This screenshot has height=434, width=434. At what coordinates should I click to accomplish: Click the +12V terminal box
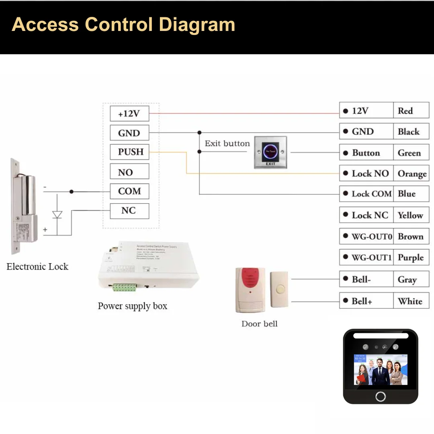(129, 114)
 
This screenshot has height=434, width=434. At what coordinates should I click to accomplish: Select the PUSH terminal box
(129, 152)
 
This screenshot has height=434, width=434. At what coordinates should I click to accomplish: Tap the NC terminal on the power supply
(129, 211)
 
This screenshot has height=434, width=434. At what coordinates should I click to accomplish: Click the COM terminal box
(129, 191)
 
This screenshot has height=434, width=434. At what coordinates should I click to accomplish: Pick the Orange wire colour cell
(411, 174)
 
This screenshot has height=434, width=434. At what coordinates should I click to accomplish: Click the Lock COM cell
(366, 194)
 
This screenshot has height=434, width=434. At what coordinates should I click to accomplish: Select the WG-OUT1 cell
(366, 257)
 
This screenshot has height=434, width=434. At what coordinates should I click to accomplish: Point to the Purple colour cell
(411, 257)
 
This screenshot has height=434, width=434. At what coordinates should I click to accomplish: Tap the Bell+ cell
(366, 301)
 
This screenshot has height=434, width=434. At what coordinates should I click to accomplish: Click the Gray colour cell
(411, 279)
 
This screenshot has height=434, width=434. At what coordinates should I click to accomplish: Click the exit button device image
(270, 152)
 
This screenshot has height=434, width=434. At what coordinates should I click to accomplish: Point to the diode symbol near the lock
(57, 215)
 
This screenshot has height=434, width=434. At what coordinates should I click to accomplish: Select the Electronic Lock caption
(37, 266)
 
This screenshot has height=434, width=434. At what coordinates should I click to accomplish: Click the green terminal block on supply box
(125, 287)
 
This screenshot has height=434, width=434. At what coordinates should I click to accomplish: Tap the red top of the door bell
(250, 276)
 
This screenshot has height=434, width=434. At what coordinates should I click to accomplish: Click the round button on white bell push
(279, 289)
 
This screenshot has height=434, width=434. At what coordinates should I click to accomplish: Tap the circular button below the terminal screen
(381, 396)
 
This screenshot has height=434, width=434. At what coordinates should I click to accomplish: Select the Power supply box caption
(132, 306)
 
